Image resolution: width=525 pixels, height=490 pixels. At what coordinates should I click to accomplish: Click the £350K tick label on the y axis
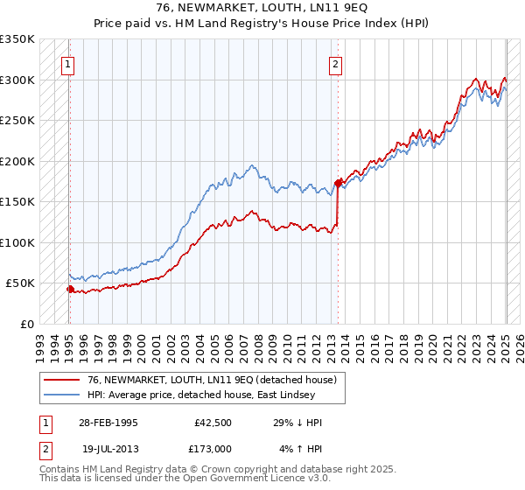point(17,39)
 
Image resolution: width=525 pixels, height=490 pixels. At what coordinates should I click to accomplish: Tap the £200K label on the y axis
point(17,161)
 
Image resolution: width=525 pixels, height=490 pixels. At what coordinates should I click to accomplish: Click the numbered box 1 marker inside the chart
point(67,63)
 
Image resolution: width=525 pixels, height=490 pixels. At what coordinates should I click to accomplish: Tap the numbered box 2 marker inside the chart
point(336,63)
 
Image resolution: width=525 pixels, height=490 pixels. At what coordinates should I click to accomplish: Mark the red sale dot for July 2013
point(339,183)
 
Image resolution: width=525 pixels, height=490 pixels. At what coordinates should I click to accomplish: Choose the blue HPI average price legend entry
point(192,395)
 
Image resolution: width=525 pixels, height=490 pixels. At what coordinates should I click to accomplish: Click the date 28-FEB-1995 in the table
point(108,423)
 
